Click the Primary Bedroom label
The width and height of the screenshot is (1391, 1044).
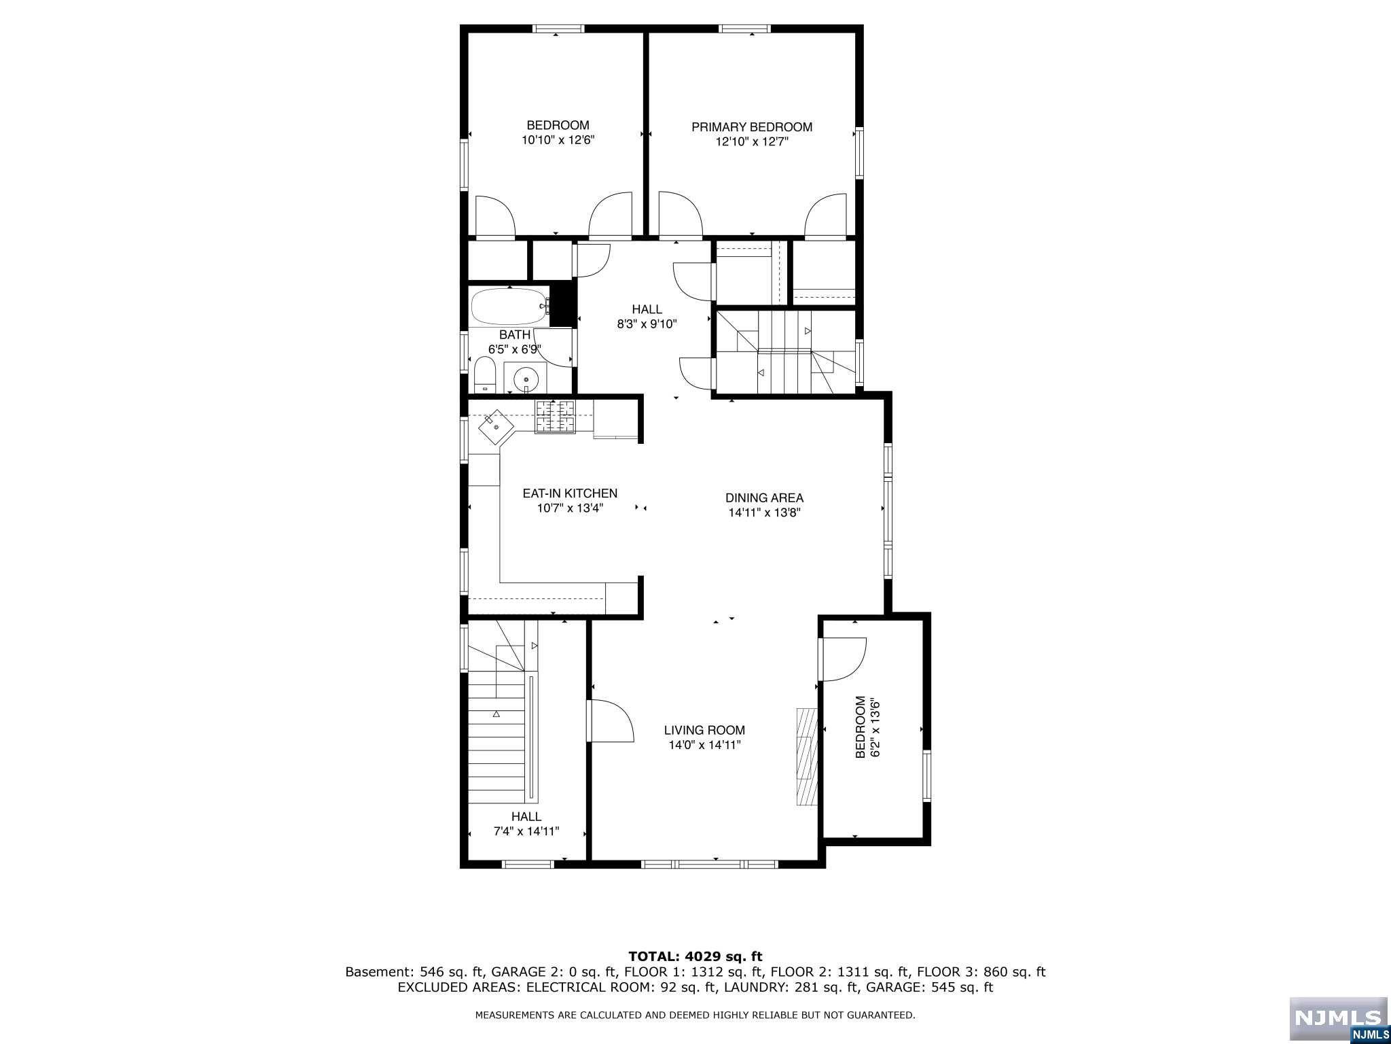click(752, 127)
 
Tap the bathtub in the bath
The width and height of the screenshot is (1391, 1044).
click(509, 307)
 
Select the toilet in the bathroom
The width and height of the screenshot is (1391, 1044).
click(484, 376)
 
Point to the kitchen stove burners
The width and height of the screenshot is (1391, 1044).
click(556, 417)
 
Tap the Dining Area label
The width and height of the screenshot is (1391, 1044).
click(764, 498)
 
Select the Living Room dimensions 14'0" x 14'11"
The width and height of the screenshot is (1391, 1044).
click(704, 745)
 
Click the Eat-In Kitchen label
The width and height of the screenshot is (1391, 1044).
click(570, 493)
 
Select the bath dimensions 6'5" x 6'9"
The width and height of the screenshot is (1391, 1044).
click(515, 349)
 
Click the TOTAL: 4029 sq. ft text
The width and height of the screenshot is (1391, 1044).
click(695, 957)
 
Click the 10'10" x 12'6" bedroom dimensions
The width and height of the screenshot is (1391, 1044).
click(558, 140)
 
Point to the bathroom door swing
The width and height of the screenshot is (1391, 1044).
click(554, 347)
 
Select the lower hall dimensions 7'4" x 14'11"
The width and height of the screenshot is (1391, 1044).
click(526, 831)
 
